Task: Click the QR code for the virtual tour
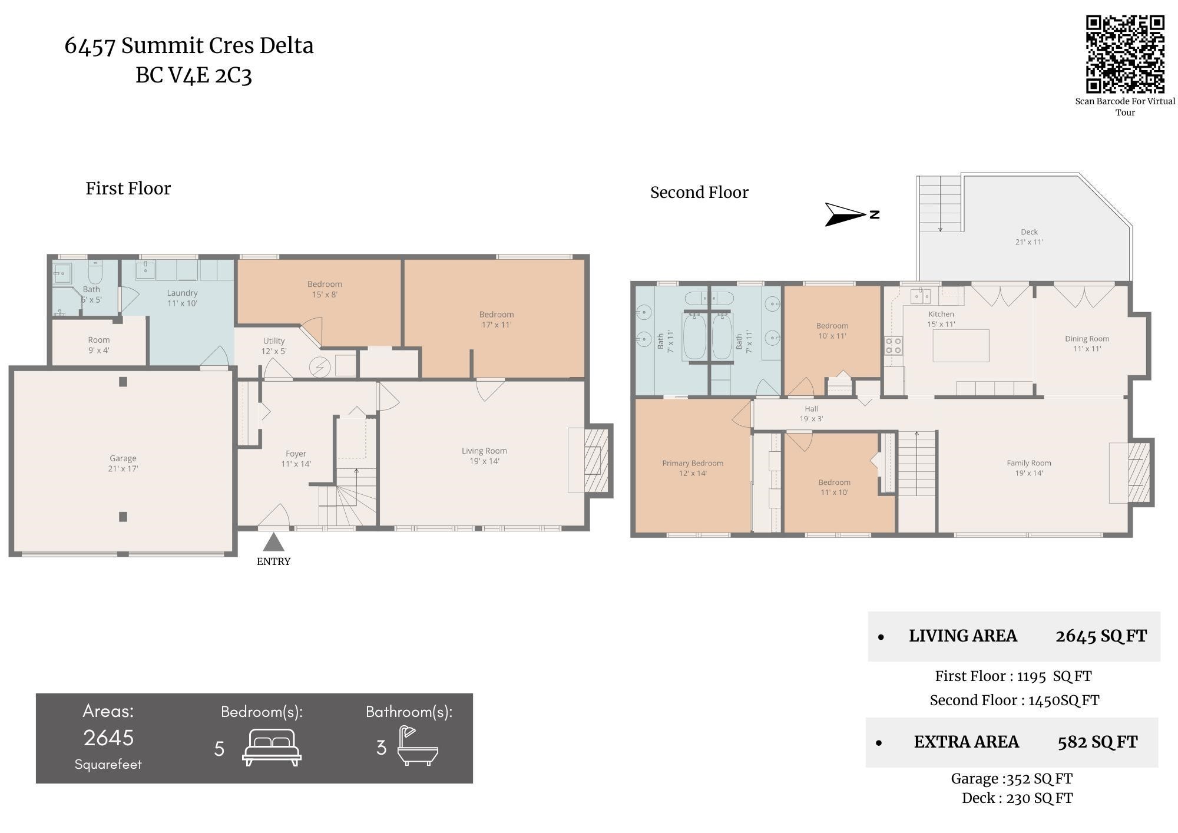tap(1125, 54)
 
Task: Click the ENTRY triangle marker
tap(273, 542)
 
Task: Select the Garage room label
tap(123, 463)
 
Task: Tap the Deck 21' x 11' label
tap(1029, 237)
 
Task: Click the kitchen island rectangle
tap(961, 345)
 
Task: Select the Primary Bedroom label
tap(693, 468)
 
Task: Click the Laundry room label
tap(182, 297)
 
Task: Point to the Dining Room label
tap(1087, 343)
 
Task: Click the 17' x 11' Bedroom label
tap(496, 319)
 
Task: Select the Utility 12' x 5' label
tap(274, 346)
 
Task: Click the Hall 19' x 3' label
tap(811, 414)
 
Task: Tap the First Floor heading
tap(128, 189)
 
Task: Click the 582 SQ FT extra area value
tap(1097, 742)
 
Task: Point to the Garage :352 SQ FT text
tap(1011, 779)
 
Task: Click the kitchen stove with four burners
tap(894, 345)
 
